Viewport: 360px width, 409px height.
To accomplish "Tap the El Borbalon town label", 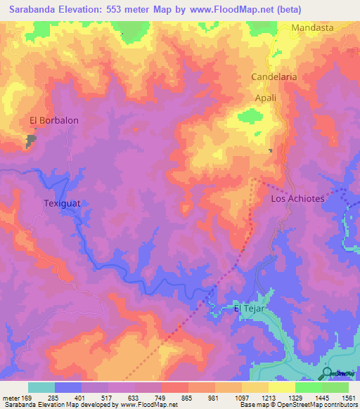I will pyautogui.click(x=54, y=120).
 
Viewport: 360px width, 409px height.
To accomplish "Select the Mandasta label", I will pyautogui.click(x=312, y=28).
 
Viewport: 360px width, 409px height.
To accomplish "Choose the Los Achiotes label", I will pyautogui.click(x=297, y=199).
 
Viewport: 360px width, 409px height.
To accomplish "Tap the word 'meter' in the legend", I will pyautogui.click(x=11, y=398).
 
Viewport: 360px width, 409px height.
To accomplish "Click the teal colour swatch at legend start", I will pyautogui.click(x=41, y=387).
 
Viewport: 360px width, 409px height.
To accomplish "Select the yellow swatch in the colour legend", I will pyautogui.click(x=282, y=387).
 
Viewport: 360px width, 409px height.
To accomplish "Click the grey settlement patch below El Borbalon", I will pyautogui.click(x=32, y=141).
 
